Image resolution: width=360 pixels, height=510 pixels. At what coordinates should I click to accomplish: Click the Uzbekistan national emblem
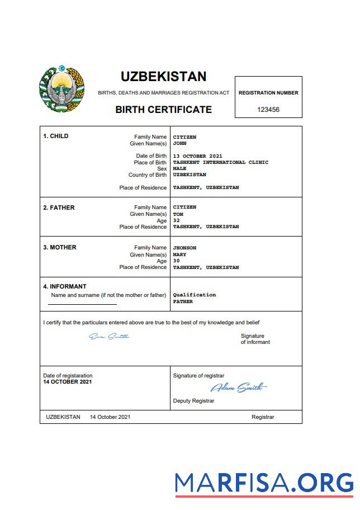61,89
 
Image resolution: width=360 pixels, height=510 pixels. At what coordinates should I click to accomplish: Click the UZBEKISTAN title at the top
163,77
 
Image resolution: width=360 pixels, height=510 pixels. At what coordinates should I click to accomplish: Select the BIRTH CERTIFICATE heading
163,110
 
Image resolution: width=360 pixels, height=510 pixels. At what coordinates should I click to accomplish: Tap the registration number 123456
268,110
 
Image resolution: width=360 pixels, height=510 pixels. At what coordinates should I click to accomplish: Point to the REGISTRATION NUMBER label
268,93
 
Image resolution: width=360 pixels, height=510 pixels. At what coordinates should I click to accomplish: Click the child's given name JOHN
179,143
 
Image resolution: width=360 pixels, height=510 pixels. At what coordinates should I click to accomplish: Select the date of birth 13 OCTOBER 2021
197,156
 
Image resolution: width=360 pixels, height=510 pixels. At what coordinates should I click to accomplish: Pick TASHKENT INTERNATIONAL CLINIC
220,162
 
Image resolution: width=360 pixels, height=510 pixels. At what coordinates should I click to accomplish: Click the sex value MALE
179,168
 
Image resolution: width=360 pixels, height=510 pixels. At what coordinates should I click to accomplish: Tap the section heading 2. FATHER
59,207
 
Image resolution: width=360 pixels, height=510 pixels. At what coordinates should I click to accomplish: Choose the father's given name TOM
178,214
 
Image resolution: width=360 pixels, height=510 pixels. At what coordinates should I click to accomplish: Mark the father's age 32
176,220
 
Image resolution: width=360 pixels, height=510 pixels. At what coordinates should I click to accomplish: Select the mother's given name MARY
179,254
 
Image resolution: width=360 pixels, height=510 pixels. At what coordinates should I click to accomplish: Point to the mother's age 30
176,261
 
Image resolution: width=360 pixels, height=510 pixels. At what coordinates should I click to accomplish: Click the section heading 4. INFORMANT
65,286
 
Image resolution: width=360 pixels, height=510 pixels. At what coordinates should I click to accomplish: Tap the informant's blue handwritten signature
109,336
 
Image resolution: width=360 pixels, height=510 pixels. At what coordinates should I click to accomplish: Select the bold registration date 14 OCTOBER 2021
68,382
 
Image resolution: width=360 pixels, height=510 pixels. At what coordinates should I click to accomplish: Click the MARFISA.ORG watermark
264,483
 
